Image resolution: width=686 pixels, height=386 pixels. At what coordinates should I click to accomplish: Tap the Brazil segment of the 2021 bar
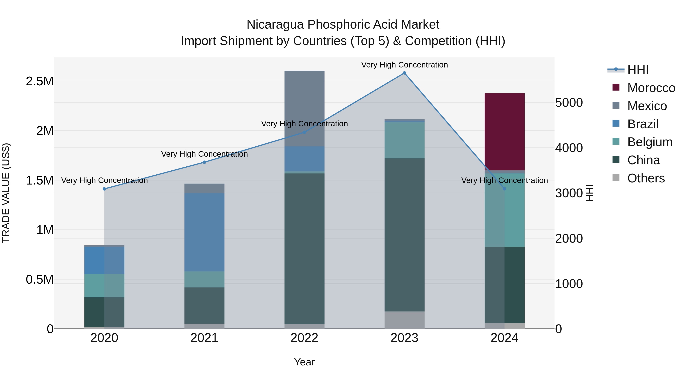click(204, 232)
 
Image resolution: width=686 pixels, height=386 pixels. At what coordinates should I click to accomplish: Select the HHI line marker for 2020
click(104, 189)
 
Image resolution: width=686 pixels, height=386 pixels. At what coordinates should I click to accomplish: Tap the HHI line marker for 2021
click(204, 162)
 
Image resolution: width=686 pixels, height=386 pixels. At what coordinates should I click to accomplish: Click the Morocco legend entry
click(651, 88)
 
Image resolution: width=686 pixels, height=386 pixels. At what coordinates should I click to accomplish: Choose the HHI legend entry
click(638, 70)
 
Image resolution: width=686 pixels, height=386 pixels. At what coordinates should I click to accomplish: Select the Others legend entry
click(646, 178)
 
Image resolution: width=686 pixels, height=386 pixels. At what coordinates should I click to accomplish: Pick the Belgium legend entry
click(650, 142)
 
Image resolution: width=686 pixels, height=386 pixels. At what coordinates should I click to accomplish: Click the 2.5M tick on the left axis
click(39, 81)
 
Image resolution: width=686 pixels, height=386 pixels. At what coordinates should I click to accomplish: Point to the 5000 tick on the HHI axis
click(569, 103)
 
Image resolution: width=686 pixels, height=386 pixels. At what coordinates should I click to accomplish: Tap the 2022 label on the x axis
click(304, 338)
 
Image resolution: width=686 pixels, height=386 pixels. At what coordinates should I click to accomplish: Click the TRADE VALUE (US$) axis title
click(6, 193)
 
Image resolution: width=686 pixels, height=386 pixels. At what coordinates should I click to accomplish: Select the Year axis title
click(304, 362)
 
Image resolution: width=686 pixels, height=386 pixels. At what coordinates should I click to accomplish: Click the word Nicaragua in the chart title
click(275, 25)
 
